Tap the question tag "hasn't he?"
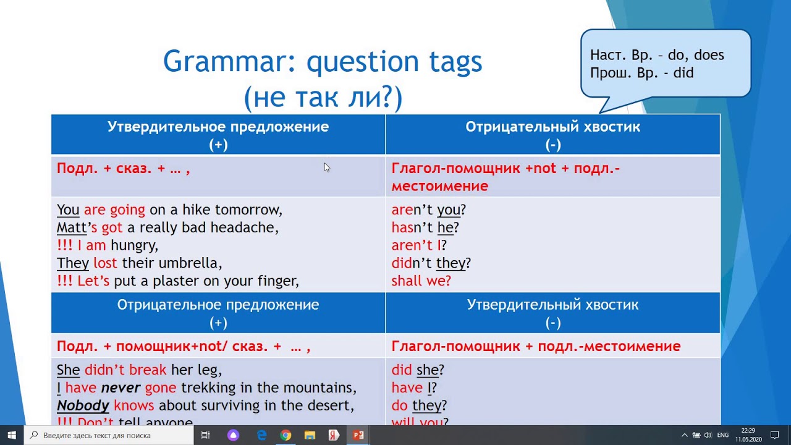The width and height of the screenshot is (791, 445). pos(425,227)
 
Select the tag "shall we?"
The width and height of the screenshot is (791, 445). pos(421,281)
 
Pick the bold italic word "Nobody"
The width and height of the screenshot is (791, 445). pos(83,406)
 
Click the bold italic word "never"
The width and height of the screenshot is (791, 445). pos(121,388)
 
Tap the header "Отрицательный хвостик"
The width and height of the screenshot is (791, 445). pos(552,127)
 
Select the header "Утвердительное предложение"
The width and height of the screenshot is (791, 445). pos(218,127)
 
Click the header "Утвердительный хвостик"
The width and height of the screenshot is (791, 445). pos(552,305)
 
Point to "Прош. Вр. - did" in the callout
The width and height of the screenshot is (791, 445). pos(641,73)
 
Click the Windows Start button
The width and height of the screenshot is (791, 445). pos(12,435)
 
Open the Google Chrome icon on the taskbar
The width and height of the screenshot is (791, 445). pos(286,435)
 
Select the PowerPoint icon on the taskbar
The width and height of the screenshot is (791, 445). pos(358,435)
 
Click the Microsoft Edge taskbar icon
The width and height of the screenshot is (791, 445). pos(261,435)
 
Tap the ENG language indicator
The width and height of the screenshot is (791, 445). pos(722,435)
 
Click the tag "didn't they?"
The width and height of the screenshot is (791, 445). pos(431,263)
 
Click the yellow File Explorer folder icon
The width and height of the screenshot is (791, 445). pos(310,435)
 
